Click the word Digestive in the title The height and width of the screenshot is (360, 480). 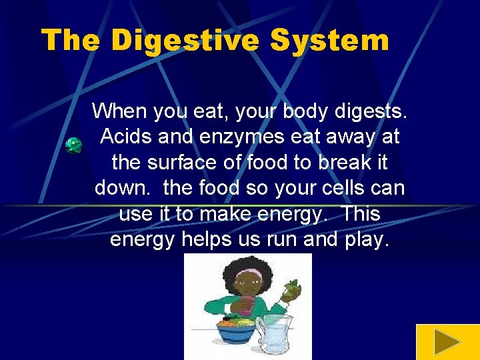[185, 41]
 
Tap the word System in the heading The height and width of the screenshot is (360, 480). [329, 41]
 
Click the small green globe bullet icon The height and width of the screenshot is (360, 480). [73, 146]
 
